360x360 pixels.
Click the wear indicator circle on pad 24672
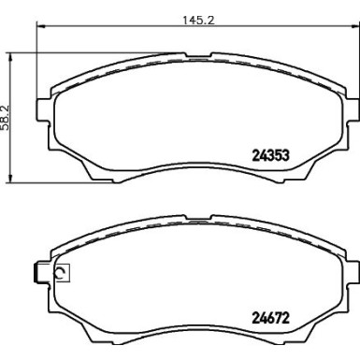point(62,274)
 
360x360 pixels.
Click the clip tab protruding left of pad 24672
point(37,273)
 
